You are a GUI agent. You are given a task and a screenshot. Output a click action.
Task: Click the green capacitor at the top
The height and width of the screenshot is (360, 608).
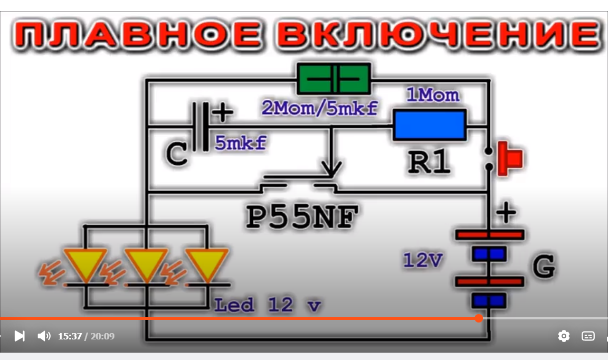click(x=333, y=79)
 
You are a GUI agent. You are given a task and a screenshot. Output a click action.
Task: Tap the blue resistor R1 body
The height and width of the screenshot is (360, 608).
click(x=429, y=126)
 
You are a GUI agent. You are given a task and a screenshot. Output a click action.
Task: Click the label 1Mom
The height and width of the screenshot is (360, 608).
click(x=433, y=96)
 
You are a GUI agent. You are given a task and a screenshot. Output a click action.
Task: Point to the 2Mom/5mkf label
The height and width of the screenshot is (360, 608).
click(x=320, y=109)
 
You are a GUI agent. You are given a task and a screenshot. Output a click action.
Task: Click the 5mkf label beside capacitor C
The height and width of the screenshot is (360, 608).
click(x=240, y=143)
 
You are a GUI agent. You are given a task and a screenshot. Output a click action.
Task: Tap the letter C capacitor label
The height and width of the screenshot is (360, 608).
click(x=177, y=154)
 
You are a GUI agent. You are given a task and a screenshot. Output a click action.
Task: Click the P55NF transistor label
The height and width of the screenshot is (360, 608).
click(x=302, y=216)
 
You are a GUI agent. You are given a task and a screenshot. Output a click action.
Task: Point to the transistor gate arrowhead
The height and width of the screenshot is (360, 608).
click(x=331, y=169)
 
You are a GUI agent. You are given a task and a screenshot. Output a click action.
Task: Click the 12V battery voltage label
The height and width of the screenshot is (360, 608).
click(x=422, y=260)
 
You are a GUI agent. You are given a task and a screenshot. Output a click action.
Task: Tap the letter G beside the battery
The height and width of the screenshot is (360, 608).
click(x=543, y=267)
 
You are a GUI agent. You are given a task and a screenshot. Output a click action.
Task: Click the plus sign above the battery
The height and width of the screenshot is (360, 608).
click(x=506, y=213)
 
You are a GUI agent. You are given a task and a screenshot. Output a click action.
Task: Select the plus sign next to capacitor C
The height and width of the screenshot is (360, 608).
click(x=222, y=112)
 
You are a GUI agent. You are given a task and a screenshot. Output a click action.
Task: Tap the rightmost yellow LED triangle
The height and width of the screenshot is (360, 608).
click(x=206, y=262)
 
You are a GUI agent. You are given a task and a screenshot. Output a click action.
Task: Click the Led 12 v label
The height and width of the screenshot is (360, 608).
click(x=267, y=305)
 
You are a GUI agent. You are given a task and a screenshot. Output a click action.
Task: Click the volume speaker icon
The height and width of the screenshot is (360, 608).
click(x=44, y=336)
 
